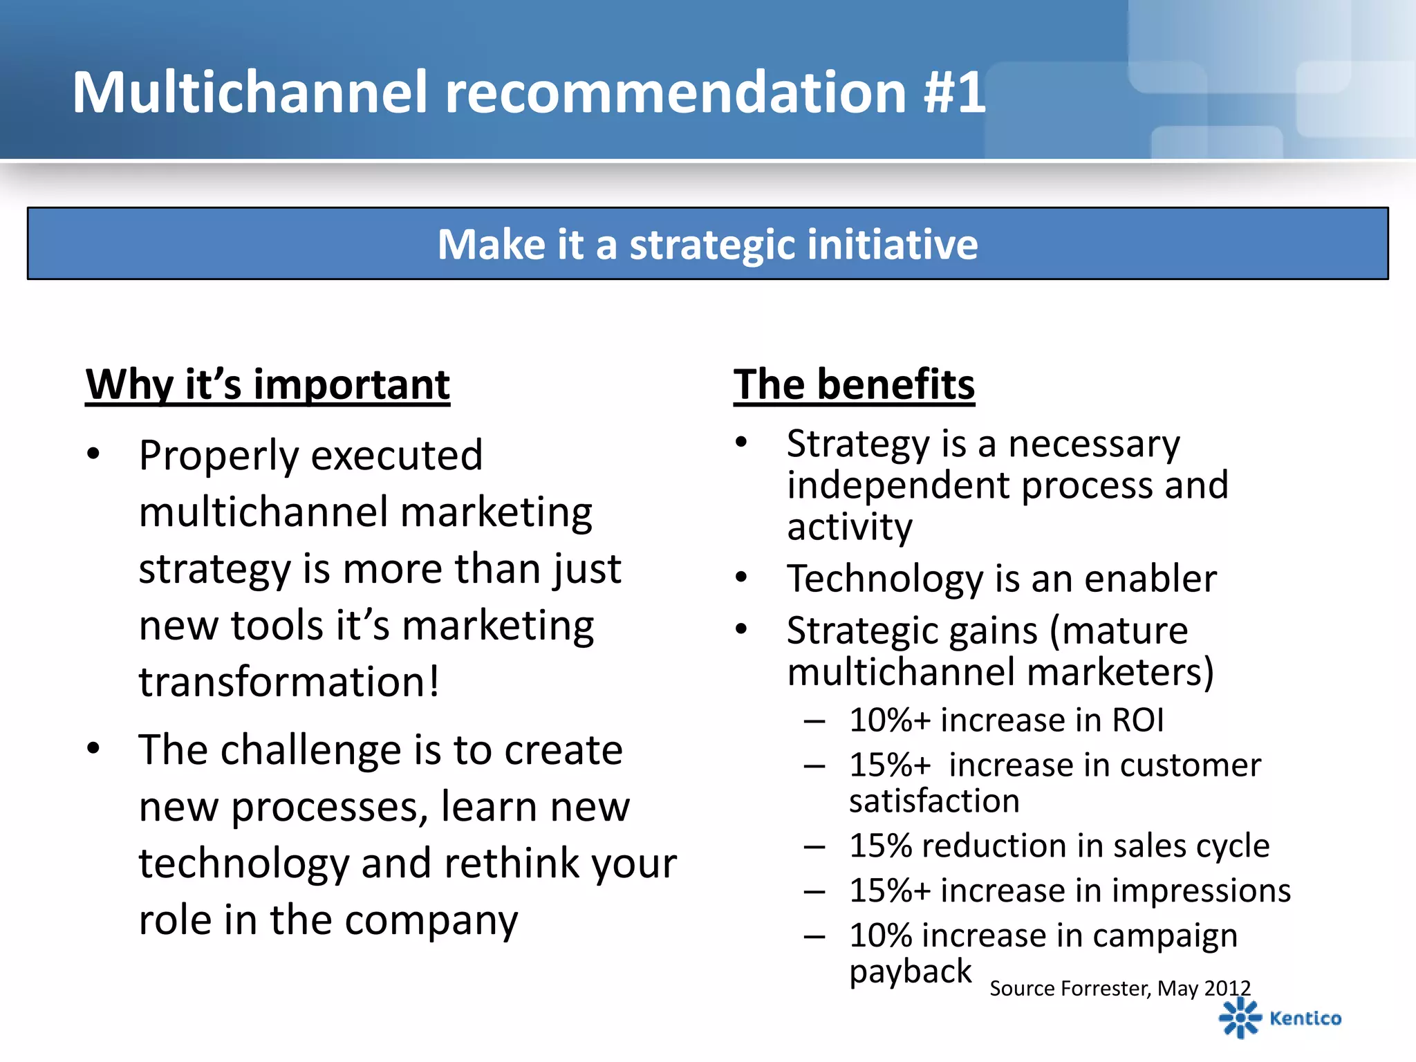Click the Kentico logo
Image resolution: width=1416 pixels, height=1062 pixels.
1279,1018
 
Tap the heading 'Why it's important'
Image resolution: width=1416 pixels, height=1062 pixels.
268,384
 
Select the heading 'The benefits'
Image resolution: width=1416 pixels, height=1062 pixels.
854,384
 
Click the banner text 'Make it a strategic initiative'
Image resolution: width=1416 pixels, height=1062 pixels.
707,244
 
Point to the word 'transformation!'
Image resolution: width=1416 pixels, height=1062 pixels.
289,682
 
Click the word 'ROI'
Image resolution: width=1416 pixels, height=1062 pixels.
1137,720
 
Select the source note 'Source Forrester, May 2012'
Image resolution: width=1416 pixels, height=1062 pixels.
1120,988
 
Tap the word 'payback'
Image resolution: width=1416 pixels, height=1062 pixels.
910,971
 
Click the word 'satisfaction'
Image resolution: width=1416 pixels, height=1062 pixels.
934,801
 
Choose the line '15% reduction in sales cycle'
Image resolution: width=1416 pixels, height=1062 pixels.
1059,846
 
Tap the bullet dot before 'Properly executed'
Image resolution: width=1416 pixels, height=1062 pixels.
93,454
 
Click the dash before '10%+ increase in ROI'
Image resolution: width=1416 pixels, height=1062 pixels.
814,721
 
